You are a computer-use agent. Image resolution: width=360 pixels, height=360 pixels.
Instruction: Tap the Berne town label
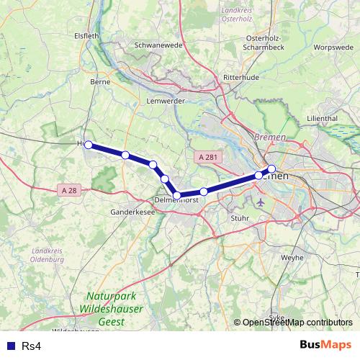tap(99, 83)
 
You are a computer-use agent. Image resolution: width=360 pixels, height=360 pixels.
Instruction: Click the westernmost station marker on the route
tap(89, 145)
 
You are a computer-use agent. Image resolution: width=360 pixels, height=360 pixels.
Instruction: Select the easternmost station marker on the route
tap(271, 169)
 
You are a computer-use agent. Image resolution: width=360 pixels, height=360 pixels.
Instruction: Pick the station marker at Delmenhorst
tap(176, 195)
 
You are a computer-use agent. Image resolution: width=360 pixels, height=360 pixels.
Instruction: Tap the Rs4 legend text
tap(31, 346)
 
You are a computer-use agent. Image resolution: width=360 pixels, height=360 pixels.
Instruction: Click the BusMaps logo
tap(325, 346)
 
